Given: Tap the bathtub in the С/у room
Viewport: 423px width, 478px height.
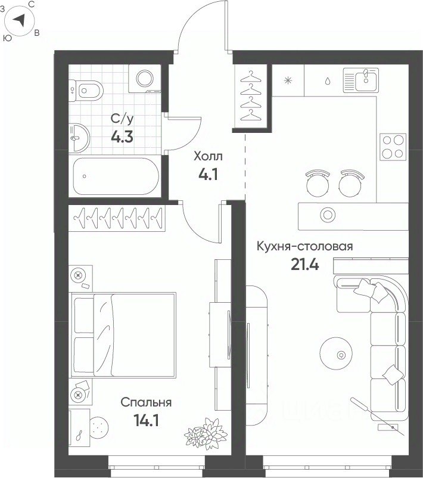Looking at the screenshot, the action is pos(116,176).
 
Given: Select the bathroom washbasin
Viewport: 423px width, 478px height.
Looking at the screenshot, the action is pos(79,138).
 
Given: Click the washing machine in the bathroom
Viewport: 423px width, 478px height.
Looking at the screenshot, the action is pos(144,79).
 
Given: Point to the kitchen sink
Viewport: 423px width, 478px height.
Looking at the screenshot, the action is pos(361,80).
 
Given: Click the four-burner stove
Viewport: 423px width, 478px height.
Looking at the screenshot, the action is pos(393,147).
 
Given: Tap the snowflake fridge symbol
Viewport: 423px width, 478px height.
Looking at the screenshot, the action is pos(288,80).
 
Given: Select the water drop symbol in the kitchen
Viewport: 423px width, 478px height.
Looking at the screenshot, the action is pos(328,81).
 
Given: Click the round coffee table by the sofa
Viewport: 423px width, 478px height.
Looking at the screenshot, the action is pos(336,353).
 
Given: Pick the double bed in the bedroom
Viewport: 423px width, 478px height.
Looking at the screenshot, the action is pos(123,334).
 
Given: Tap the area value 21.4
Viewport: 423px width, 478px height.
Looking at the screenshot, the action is pos(305,264).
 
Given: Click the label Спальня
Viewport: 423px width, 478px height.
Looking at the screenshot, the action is pos(146,402).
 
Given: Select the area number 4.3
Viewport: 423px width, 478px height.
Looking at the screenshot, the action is pos(122,137).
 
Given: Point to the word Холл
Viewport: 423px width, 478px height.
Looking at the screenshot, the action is pos(208,156).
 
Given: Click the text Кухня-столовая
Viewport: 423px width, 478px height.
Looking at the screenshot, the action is pos(305,246).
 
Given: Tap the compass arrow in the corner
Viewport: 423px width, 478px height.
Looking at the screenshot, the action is pos(19,20).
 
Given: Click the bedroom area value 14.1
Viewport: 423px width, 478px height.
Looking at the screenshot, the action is pos(146,421).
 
